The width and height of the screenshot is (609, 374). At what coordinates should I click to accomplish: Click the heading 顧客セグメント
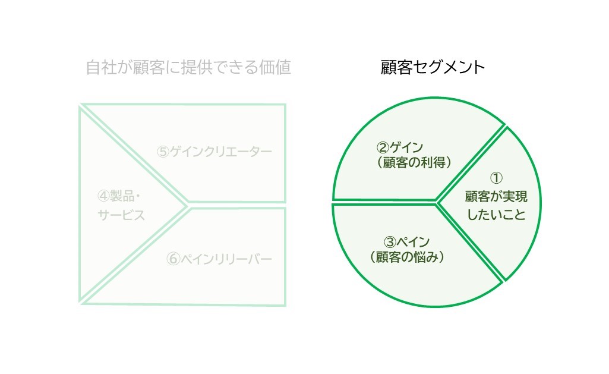(433, 67)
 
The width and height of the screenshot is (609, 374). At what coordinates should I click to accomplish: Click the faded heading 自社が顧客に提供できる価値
(188, 67)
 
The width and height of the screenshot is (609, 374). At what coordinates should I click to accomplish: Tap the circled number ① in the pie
(496, 178)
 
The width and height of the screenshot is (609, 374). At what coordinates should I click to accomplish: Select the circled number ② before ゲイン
(383, 147)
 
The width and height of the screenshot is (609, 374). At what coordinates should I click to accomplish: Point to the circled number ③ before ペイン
(390, 242)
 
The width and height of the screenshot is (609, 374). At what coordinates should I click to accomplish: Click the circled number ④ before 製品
(103, 196)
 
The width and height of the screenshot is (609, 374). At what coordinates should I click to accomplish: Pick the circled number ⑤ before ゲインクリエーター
(163, 151)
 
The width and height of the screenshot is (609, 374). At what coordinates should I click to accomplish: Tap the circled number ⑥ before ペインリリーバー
(173, 259)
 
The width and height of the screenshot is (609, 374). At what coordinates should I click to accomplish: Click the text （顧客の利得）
(414, 162)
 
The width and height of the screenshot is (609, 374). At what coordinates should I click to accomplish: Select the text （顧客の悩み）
(407, 257)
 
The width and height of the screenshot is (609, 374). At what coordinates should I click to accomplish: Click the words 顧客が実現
(496, 196)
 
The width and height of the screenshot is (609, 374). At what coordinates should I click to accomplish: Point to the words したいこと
(496, 215)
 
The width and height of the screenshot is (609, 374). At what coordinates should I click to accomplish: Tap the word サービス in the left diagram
(121, 215)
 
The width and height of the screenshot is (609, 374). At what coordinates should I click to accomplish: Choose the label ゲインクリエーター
(220, 151)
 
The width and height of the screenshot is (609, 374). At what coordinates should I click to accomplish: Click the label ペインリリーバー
(226, 259)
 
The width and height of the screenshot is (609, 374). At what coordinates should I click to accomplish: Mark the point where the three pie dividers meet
(437, 202)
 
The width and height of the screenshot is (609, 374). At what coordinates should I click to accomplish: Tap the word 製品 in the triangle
(122, 196)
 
